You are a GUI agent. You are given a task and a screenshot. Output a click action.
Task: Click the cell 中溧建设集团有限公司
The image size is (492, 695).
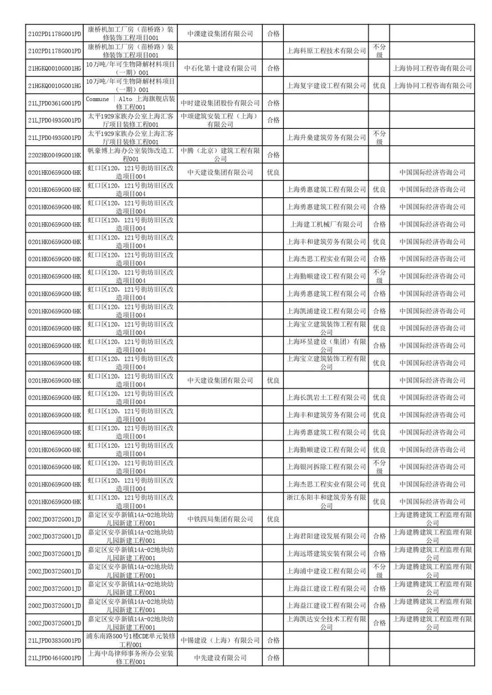click(220, 34)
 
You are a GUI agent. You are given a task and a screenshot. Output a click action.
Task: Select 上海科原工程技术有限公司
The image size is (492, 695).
click(326, 51)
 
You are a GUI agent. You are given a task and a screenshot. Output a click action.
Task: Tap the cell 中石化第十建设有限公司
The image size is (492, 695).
click(220, 68)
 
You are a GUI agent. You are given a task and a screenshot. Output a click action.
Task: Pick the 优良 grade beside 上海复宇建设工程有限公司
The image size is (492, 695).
click(379, 86)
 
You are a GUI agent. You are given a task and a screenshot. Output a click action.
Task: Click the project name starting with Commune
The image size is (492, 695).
click(130, 103)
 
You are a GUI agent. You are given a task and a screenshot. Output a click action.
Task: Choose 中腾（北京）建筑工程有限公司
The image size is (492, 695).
click(220, 155)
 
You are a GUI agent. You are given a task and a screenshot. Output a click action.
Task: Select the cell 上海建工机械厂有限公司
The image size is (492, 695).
click(326, 224)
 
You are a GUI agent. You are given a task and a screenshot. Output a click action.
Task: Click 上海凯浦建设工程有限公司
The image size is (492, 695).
click(326, 311)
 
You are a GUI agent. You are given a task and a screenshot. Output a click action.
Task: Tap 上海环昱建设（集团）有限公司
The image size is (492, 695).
click(326, 346)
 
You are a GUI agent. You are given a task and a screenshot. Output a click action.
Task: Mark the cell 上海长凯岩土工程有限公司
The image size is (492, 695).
click(326, 398)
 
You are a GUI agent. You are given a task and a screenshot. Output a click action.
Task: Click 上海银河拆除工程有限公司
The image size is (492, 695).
click(326, 467)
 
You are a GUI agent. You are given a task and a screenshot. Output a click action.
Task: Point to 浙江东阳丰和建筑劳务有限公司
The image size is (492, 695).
click(326, 501)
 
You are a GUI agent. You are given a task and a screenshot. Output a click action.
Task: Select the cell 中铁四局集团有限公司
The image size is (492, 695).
click(220, 519)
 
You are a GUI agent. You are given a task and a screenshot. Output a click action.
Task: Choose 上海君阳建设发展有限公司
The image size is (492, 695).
click(326, 537)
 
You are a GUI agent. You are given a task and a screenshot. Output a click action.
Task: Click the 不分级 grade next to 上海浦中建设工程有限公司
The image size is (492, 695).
click(379, 571)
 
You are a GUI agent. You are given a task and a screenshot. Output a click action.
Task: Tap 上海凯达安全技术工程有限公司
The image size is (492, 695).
click(326, 623)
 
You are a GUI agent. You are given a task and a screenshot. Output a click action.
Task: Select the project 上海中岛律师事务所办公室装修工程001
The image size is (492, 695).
click(130, 658)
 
